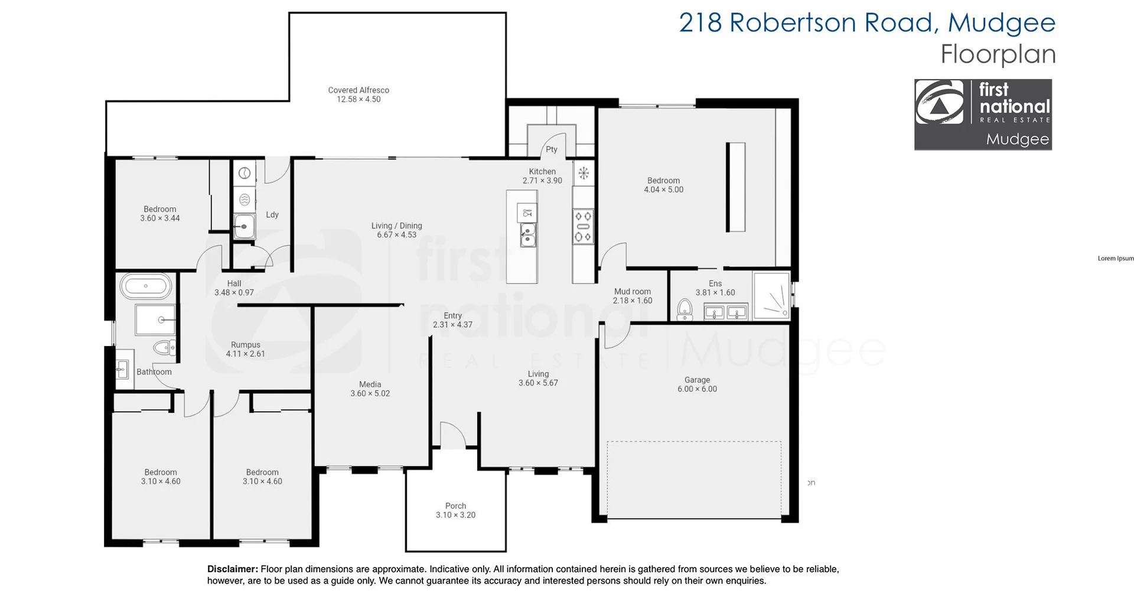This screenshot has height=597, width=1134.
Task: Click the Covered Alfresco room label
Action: click(359, 90)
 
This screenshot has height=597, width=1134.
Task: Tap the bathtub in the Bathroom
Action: click(146, 286)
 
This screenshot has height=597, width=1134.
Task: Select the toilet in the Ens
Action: click(685, 309)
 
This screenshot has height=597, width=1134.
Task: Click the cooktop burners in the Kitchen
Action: click(583, 227)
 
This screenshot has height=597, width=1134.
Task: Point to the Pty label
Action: click(551, 149)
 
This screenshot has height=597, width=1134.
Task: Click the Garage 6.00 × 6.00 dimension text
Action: click(697, 389)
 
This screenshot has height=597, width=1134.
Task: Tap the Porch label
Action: click(455, 506)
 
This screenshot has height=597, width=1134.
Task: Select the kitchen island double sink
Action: click(528, 234)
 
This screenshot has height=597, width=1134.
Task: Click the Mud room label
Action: click(632, 291)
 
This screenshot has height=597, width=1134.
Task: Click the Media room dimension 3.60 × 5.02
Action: click(370, 393)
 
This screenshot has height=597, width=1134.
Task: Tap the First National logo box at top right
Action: click(983, 115)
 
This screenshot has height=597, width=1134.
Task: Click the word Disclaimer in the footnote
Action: click(232, 569)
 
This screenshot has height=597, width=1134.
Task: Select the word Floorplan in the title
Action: click(998, 54)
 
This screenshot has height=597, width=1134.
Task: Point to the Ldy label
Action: click(272, 214)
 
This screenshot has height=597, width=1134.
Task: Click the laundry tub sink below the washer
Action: click(244, 226)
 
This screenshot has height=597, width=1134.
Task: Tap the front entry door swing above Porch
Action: click(452, 435)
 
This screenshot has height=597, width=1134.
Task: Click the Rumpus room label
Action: click(245, 345)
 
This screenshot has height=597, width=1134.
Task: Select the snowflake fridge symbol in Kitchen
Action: click(584, 173)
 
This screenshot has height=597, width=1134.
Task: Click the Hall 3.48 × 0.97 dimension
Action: click(234, 292)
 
